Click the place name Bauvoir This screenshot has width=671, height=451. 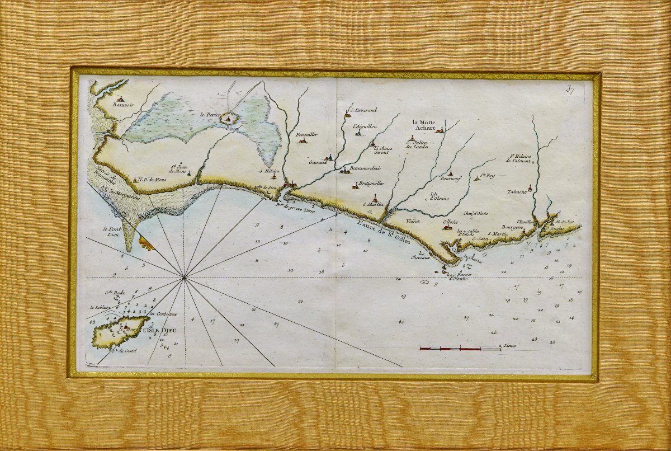[119, 105]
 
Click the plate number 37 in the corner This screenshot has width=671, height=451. [570, 89]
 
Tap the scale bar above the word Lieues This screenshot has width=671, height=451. [460, 349]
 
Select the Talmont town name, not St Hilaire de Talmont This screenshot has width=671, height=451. [517, 191]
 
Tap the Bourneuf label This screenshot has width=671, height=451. [450, 179]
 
